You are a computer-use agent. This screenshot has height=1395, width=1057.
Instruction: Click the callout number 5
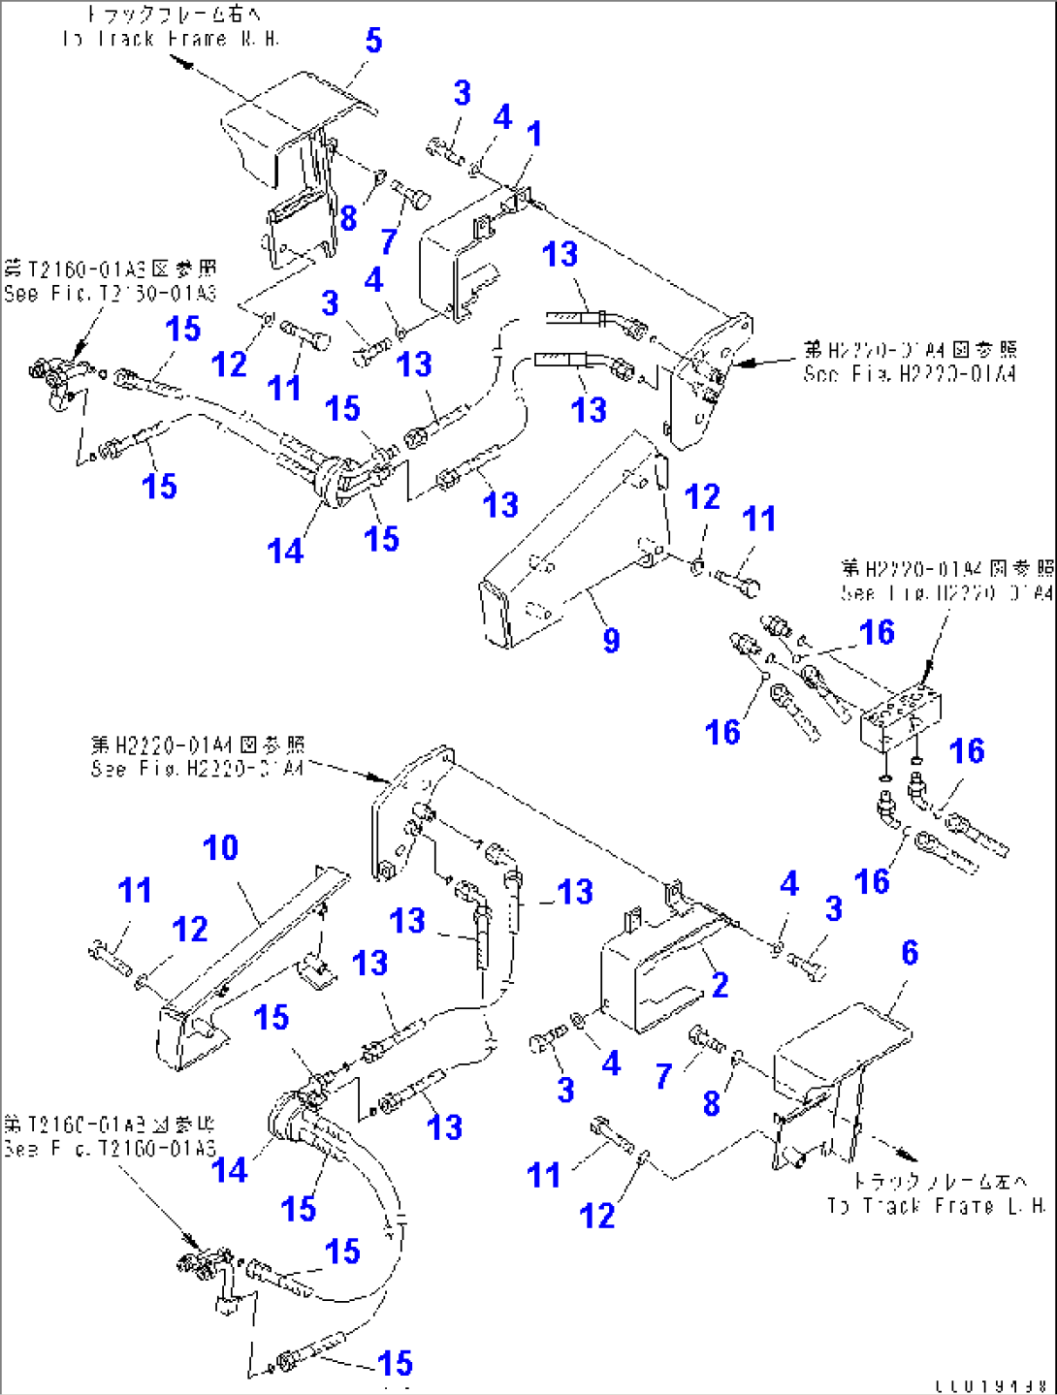coord(373,41)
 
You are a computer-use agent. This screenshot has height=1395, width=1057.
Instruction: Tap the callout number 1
coord(534,134)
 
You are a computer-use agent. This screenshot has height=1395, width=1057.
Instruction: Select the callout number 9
coord(611,640)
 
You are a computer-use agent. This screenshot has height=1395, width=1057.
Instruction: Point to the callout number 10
coord(220,848)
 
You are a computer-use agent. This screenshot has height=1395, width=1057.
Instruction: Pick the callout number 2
coord(720,985)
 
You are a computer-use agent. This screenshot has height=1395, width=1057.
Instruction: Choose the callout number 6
coord(909,952)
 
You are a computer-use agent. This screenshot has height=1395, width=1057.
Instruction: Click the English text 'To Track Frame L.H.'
coord(936,1206)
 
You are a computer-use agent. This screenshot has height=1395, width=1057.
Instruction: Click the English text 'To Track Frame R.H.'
coord(171,39)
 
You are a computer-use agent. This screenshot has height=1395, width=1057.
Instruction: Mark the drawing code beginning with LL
coord(991,1386)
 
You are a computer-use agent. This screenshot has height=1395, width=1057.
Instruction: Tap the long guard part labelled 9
coord(572,543)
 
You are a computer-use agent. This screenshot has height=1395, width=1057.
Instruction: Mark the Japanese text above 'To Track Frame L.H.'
coord(939,1181)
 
